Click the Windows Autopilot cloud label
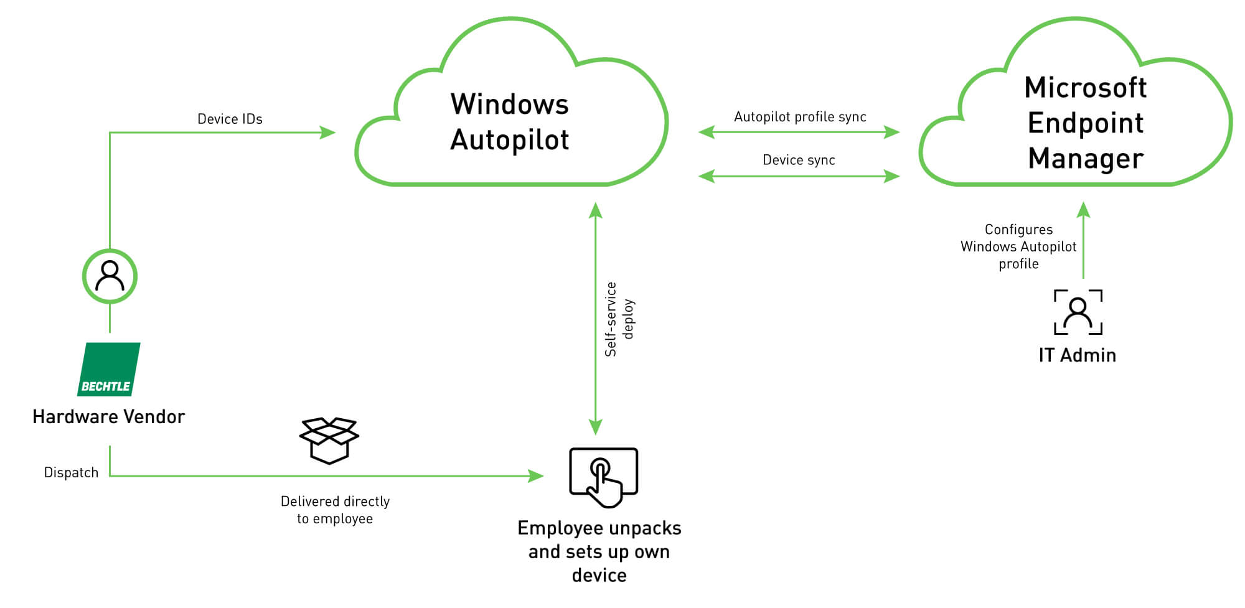(x=509, y=122)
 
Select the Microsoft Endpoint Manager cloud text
(x=1086, y=123)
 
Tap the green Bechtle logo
(x=109, y=369)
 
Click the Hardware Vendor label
(x=109, y=416)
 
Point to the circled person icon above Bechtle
(x=110, y=276)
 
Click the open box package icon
(x=329, y=441)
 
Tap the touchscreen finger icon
(x=603, y=477)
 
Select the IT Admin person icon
(x=1078, y=312)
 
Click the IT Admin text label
(x=1077, y=355)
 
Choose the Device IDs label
(x=230, y=119)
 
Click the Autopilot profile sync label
(x=800, y=117)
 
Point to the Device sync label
(x=799, y=160)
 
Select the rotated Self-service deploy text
(x=619, y=319)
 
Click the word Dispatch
(x=71, y=472)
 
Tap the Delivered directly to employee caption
(x=335, y=510)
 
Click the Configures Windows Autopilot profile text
(x=1018, y=246)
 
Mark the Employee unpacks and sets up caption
(x=599, y=551)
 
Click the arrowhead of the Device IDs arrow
(x=328, y=133)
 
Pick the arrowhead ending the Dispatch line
(x=536, y=476)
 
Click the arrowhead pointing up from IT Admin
(x=1084, y=210)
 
